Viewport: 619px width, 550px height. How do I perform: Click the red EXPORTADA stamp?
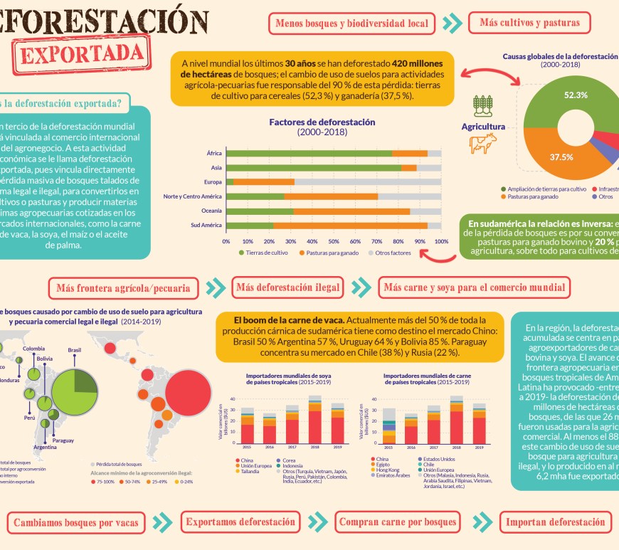pos(84,54)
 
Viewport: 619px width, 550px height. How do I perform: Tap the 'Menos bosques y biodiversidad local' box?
pos(351,23)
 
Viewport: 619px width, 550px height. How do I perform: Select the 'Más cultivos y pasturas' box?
pos(529,23)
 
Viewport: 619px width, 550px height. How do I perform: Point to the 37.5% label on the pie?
pos(561,157)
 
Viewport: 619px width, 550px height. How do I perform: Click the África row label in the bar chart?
pos(213,153)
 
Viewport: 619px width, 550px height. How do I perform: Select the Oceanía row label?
pos(211,211)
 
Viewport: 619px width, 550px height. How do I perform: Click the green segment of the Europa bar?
pos(230,182)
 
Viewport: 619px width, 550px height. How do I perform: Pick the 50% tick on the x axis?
pos(334,241)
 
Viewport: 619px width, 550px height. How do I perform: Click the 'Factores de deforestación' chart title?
pos(322,122)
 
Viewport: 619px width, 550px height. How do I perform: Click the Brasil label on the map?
pos(74,350)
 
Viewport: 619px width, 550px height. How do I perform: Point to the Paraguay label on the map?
pos(63,440)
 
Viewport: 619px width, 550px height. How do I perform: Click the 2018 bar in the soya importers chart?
pos(314,420)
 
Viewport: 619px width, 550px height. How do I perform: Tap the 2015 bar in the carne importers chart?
pos(388,425)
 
